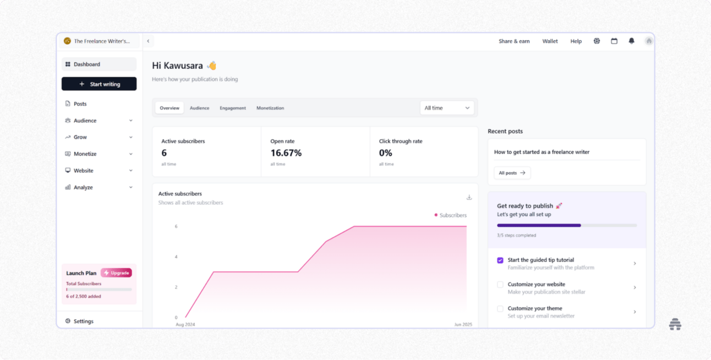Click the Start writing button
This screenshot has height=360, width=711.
(99, 84)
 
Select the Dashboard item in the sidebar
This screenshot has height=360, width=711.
(99, 64)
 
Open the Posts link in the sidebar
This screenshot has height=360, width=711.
(80, 103)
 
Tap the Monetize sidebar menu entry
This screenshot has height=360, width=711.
(85, 154)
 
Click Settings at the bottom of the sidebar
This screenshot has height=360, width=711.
(83, 321)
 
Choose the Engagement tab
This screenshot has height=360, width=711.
(233, 108)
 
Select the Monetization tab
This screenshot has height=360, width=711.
(270, 108)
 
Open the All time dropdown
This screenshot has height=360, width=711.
(447, 108)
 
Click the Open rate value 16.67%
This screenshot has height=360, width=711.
(286, 153)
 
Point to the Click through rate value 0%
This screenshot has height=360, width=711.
(385, 153)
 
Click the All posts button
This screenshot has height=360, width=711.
(512, 173)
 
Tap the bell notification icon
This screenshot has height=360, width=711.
(631, 41)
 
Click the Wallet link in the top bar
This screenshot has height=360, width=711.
(550, 41)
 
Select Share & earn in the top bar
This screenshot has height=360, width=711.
(514, 41)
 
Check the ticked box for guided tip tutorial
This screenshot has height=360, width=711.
(500, 260)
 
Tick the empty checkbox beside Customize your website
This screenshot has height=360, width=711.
(500, 285)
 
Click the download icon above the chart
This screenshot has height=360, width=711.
(469, 198)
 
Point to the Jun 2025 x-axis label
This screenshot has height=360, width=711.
(463, 325)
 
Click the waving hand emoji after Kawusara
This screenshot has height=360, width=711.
(212, 66)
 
